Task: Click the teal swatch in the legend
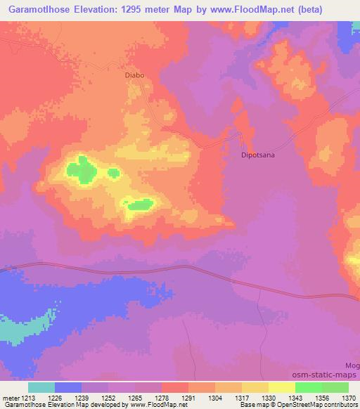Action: pos(41,387)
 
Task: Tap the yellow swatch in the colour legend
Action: pos(281,387)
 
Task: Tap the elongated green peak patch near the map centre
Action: pos(139,204)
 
